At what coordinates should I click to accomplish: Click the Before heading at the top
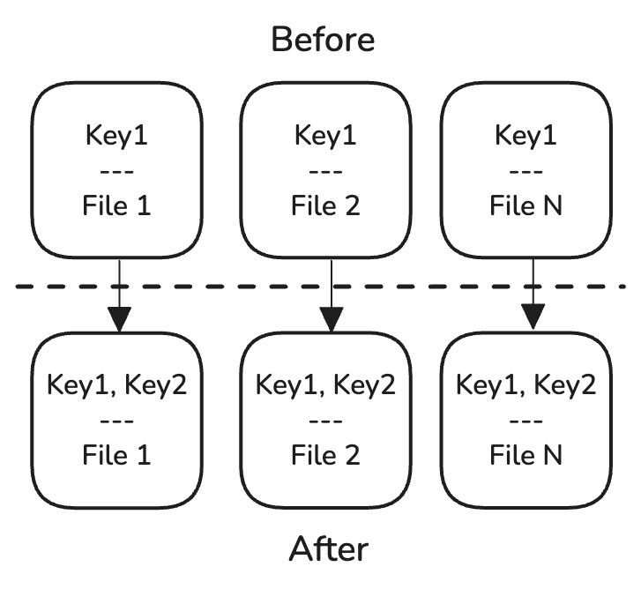(x=323, y=40)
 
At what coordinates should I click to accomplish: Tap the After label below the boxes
(x=329, y=548)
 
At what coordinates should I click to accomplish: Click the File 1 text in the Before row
(x=116, y=205)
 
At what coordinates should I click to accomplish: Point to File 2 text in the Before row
(x=325, y=205)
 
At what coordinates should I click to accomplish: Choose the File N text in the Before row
(x=526, y=205)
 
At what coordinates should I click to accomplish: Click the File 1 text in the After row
(x=116, y=454)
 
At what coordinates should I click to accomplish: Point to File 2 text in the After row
(x=325, y=454)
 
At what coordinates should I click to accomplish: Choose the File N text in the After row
(x=526, y=454)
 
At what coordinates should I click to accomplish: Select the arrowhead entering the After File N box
(x=533, y=316)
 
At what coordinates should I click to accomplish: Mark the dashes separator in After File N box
(x=526, y=420)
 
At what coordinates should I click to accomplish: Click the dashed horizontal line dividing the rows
(x=220, y=287)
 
